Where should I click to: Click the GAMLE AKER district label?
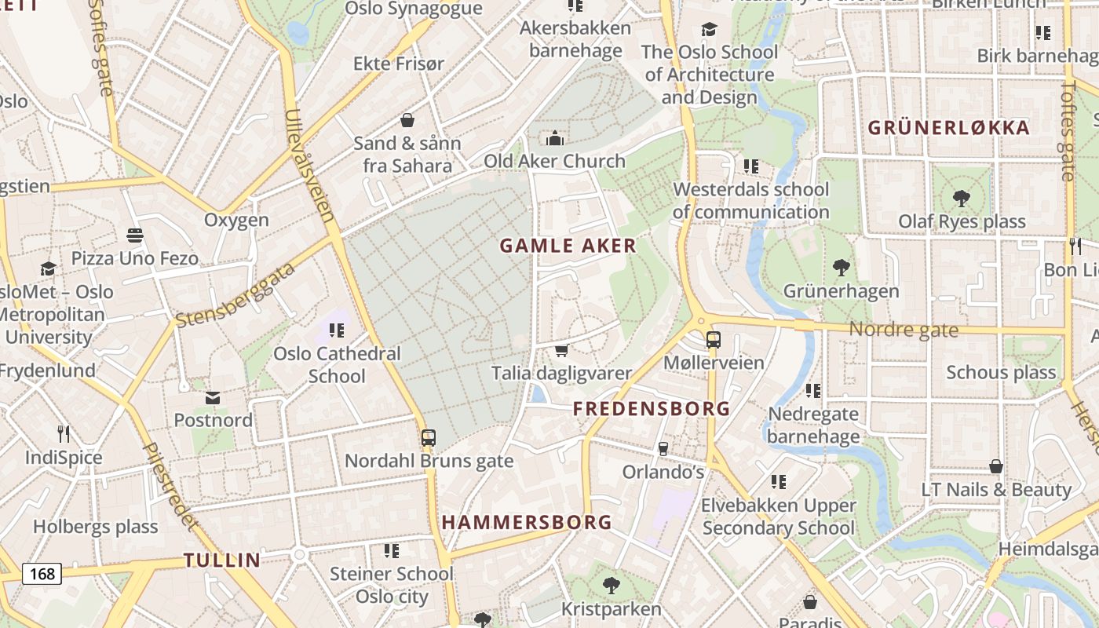568,246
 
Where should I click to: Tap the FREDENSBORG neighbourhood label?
652,409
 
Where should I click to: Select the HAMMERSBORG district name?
526,522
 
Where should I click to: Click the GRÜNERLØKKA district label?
948,128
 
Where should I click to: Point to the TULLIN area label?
222,560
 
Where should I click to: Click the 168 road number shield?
42,574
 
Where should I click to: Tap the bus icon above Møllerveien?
713,340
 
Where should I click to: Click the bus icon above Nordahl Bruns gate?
428,438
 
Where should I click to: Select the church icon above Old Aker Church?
555,139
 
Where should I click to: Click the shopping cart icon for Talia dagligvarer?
561,350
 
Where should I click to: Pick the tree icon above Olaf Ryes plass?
962,199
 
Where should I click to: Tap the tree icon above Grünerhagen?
841,268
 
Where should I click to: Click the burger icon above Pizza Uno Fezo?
134,235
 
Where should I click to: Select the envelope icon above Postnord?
213,397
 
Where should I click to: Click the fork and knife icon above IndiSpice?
64,433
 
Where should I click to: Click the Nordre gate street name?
904,330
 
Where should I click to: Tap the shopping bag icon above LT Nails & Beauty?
995,466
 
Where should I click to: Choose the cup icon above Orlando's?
663,448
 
